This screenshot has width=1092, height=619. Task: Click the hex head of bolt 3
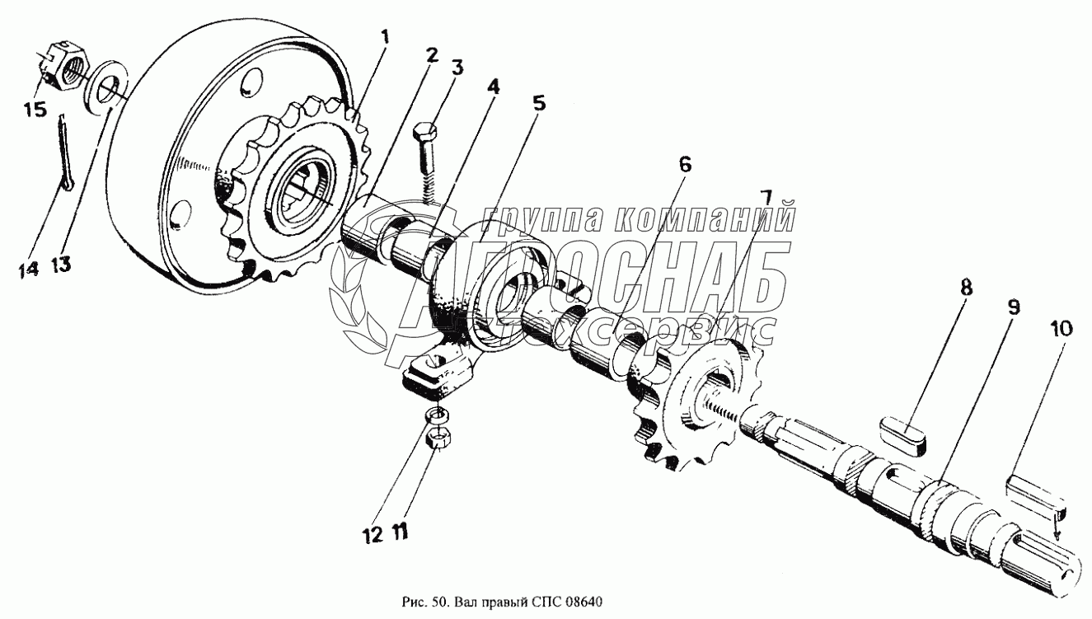425,132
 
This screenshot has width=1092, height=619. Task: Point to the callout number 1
385,36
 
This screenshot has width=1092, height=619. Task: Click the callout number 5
538,103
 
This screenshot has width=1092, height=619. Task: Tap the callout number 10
1062,329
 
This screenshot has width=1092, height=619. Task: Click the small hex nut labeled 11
438,439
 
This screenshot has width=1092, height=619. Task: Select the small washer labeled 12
438,415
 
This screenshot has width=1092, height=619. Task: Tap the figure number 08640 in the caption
584,602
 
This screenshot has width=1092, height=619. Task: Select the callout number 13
61,265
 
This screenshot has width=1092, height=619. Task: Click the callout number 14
28,269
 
